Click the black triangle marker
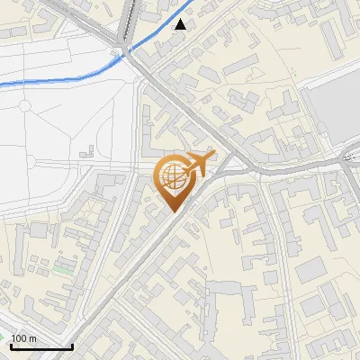(182, 24)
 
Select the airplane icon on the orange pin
(196, 165)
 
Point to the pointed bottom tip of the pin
(172, 211)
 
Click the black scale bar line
(40, 346)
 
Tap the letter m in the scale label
(32, 338)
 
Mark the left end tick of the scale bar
(10, 344)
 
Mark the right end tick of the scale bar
(72, 344)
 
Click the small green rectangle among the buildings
(62, 266)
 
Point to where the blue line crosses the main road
(127, 49)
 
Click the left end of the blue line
(2, 84)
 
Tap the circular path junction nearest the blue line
(29, 162)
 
